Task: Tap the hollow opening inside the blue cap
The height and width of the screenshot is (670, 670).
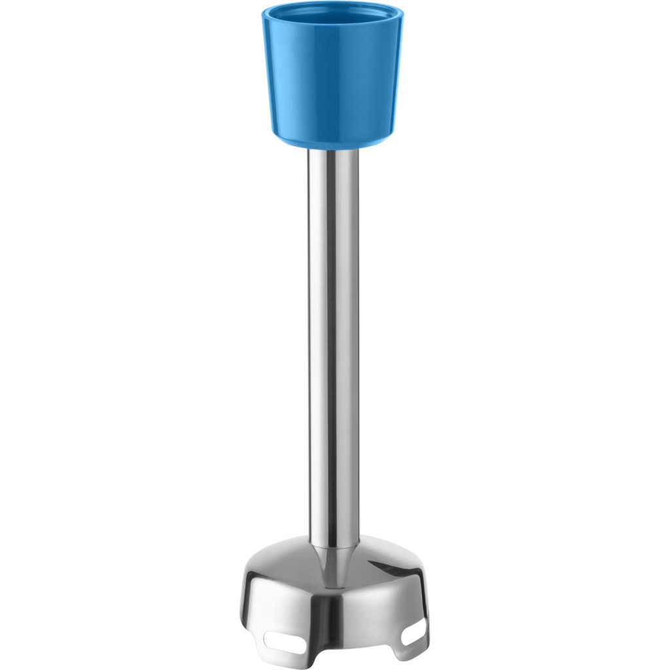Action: [332, 13]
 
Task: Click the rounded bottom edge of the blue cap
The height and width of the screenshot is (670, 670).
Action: [332, 139]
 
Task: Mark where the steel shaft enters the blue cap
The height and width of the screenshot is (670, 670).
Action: [334, 149]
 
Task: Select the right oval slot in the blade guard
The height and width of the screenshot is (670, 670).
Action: [414, 633]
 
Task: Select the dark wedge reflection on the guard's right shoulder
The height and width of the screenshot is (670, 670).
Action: [393, 576]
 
